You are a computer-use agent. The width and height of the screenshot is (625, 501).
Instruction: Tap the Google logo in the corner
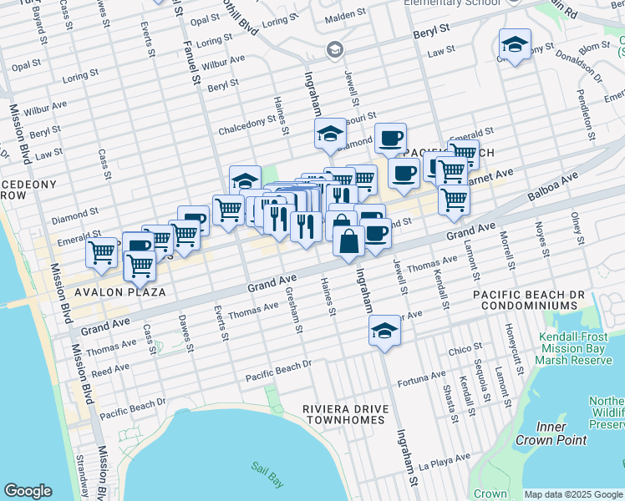coord(28,491)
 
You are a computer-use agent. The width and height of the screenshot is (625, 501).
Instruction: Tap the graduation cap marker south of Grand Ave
coord(384,330)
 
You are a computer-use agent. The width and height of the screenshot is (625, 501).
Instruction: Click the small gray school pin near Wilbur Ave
coord(335,50)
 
